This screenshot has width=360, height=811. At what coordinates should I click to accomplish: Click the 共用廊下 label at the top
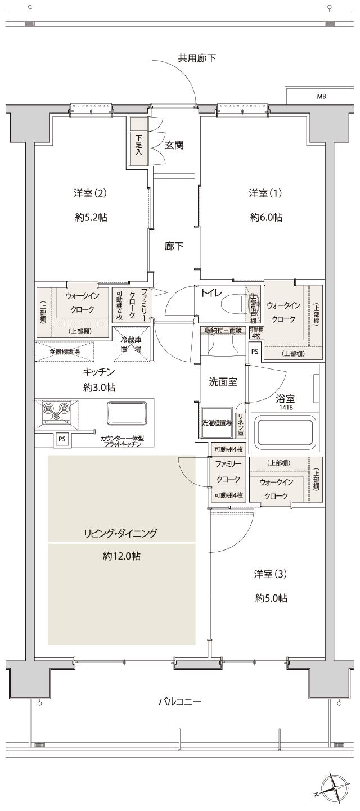(x=197, y=57)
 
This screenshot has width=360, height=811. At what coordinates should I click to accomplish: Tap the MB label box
(x=321, y=96)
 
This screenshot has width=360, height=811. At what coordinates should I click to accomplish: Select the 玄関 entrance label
(x=174, y=145)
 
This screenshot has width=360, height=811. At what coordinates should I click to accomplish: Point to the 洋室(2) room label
(x=90, y=193)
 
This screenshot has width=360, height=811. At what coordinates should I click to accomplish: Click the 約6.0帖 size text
(x=266, y=218)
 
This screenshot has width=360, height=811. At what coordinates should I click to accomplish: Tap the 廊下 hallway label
(x=174, y=246)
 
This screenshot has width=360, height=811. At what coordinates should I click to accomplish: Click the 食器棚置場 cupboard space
(x=64, y=352)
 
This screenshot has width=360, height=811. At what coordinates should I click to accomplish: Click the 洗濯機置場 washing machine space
(x=217, y=422)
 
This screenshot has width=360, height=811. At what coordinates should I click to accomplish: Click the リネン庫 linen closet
(x=240, y=423)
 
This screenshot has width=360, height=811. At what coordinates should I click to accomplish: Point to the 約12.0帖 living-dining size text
(x=121, y=556)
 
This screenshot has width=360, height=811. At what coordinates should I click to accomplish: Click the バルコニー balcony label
(x=179, y=701)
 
